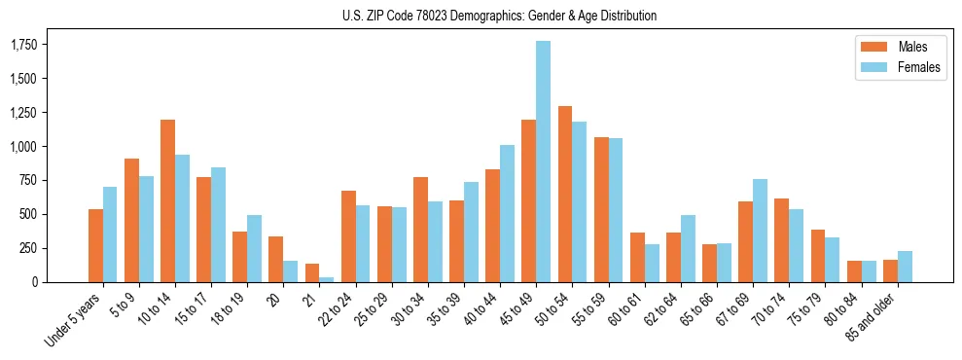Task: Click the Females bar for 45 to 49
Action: point(543,162)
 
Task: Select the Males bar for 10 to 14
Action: point(167,201)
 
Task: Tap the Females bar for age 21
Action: point(327,279)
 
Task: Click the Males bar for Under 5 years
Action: point(95,245)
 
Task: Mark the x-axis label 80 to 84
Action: point(843,306)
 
